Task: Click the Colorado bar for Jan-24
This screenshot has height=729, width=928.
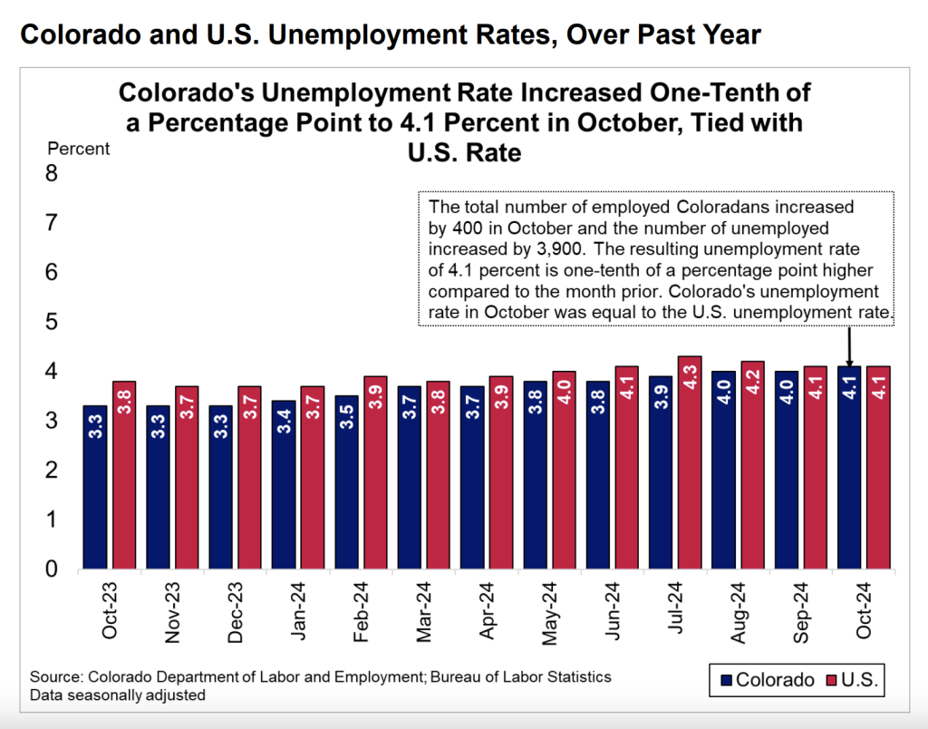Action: pos(284,484)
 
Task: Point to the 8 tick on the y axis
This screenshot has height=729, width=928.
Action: pos(52,173)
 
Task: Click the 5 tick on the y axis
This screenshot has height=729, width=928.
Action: pos(52,322)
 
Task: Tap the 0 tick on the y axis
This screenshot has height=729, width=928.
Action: pos(52,569)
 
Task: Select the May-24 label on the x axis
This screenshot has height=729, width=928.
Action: pos(548,614)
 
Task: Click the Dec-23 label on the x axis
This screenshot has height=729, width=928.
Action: pos(234,614)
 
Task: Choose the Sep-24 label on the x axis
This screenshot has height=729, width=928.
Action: pos(799,614)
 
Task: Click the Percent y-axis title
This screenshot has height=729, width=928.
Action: pos(78,149)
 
